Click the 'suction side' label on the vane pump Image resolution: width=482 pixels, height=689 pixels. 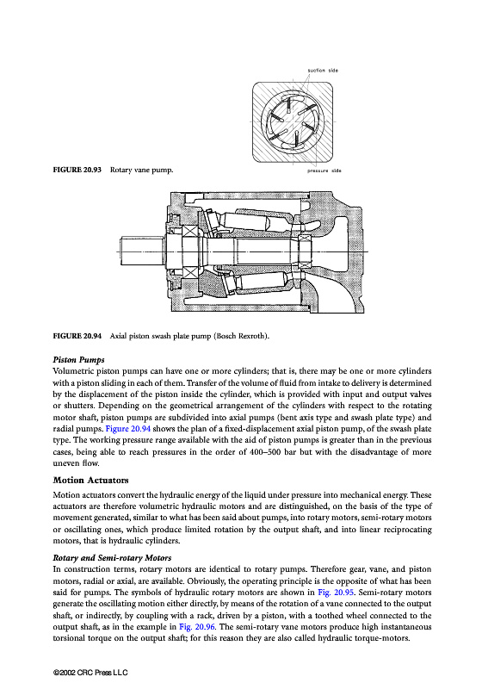[x=323, y=71]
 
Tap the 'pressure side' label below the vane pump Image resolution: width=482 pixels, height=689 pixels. [x=324, y=171]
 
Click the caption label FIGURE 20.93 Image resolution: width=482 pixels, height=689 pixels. [x=77, y=170]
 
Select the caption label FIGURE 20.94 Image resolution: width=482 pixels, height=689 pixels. [x=77, y=336]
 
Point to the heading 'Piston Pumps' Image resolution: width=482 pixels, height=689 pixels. [x=78, y=360]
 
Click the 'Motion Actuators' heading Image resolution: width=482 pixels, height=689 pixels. [x=91, y=480]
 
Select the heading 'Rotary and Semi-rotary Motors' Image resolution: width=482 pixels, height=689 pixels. [x=112, y=558]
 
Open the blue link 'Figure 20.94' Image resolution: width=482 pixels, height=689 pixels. [x=128, y=428]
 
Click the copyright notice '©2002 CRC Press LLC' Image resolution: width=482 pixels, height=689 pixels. [x=90, y=673]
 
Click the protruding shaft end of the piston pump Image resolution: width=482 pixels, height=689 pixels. [x=141, y=251]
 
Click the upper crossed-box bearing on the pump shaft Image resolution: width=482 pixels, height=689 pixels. [x=190, y=231]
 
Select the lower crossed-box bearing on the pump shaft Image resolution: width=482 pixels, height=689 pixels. [x=190, y=272]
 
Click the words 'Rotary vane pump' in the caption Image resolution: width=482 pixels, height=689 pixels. [x=141, y=170]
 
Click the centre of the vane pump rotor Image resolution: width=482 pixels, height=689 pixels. [x=293, y=121]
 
